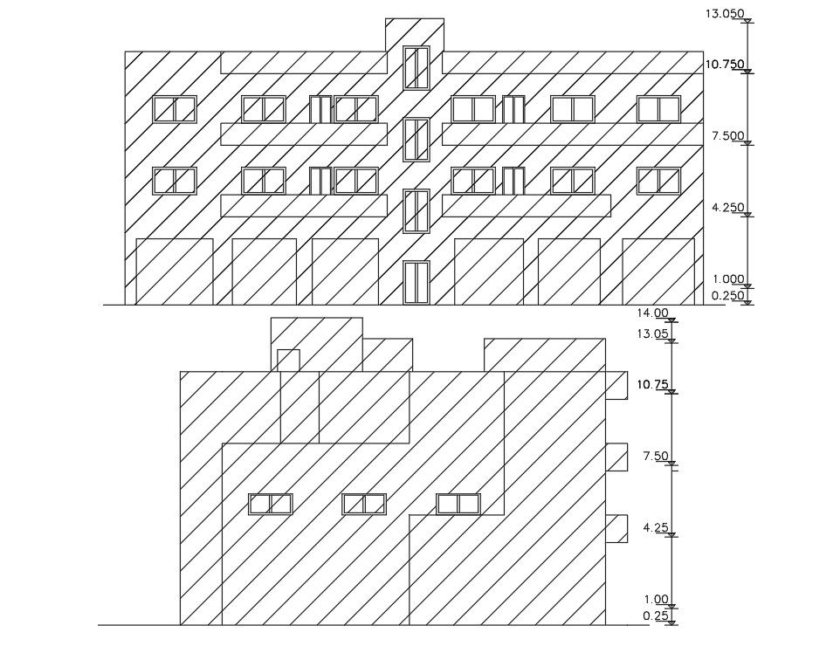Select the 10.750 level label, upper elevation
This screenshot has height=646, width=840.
[x=724, y=64]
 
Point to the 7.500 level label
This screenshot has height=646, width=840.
[x=727, y=135]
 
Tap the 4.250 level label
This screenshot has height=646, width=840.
[x=727, y=207]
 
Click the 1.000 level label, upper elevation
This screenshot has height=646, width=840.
[x=727, y=279]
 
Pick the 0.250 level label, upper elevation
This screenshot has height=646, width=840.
[x=727, y=295]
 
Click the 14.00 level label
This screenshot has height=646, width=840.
[x=652, y=313]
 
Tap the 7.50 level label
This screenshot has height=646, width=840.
[x=655, y=456]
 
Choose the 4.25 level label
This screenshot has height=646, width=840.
[x=655, y=527]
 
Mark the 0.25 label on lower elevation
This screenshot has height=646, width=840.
[x=655, y=615]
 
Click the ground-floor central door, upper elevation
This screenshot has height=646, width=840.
[x=417, y=281]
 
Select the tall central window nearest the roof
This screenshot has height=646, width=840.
[x=417, y=67]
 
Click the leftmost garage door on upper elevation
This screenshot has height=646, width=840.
[x=175, y=271]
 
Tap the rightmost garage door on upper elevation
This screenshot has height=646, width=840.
[x=658, y=271]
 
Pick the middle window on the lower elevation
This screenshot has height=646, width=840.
[x=364, y=504]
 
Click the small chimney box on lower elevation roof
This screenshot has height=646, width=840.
[x=288, y=360]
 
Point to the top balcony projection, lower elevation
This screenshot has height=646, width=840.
[x=616, y=385]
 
